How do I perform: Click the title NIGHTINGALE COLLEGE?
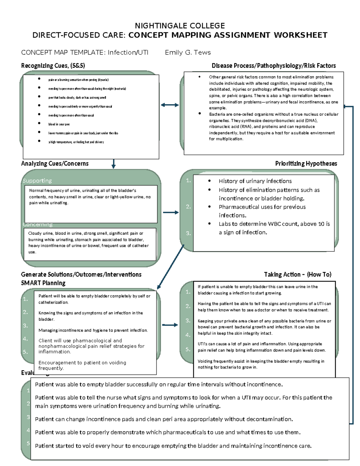[x=180, y=26]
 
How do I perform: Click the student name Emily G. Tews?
[x=188, y=53]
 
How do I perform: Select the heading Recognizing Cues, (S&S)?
[x=53, y=66]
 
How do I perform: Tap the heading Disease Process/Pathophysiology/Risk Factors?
[x=274, y=66]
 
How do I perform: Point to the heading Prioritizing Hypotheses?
[x=306, y=164]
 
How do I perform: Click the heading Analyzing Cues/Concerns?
[x=55, y=164]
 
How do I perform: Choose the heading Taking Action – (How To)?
[x=298, y=275]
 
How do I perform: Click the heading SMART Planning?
[x=43, y=283]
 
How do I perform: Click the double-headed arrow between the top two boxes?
[x=170, y=105]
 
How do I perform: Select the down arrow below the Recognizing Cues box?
[x=113, y=164]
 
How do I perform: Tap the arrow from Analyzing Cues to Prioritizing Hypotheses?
[x=171, y=212]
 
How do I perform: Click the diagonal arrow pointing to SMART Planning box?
[x=170, y=266]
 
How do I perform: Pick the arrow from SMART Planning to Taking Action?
[x=170, y=325]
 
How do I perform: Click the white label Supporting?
[x=37, y=181]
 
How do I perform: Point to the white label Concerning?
[x=37, y=224]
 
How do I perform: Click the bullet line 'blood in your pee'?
[x=59, y=124]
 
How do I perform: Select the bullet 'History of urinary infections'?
[x=255, y=181]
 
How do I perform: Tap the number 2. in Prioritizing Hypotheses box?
[x=188, y=207]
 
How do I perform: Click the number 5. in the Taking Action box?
[x=188, y=349]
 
